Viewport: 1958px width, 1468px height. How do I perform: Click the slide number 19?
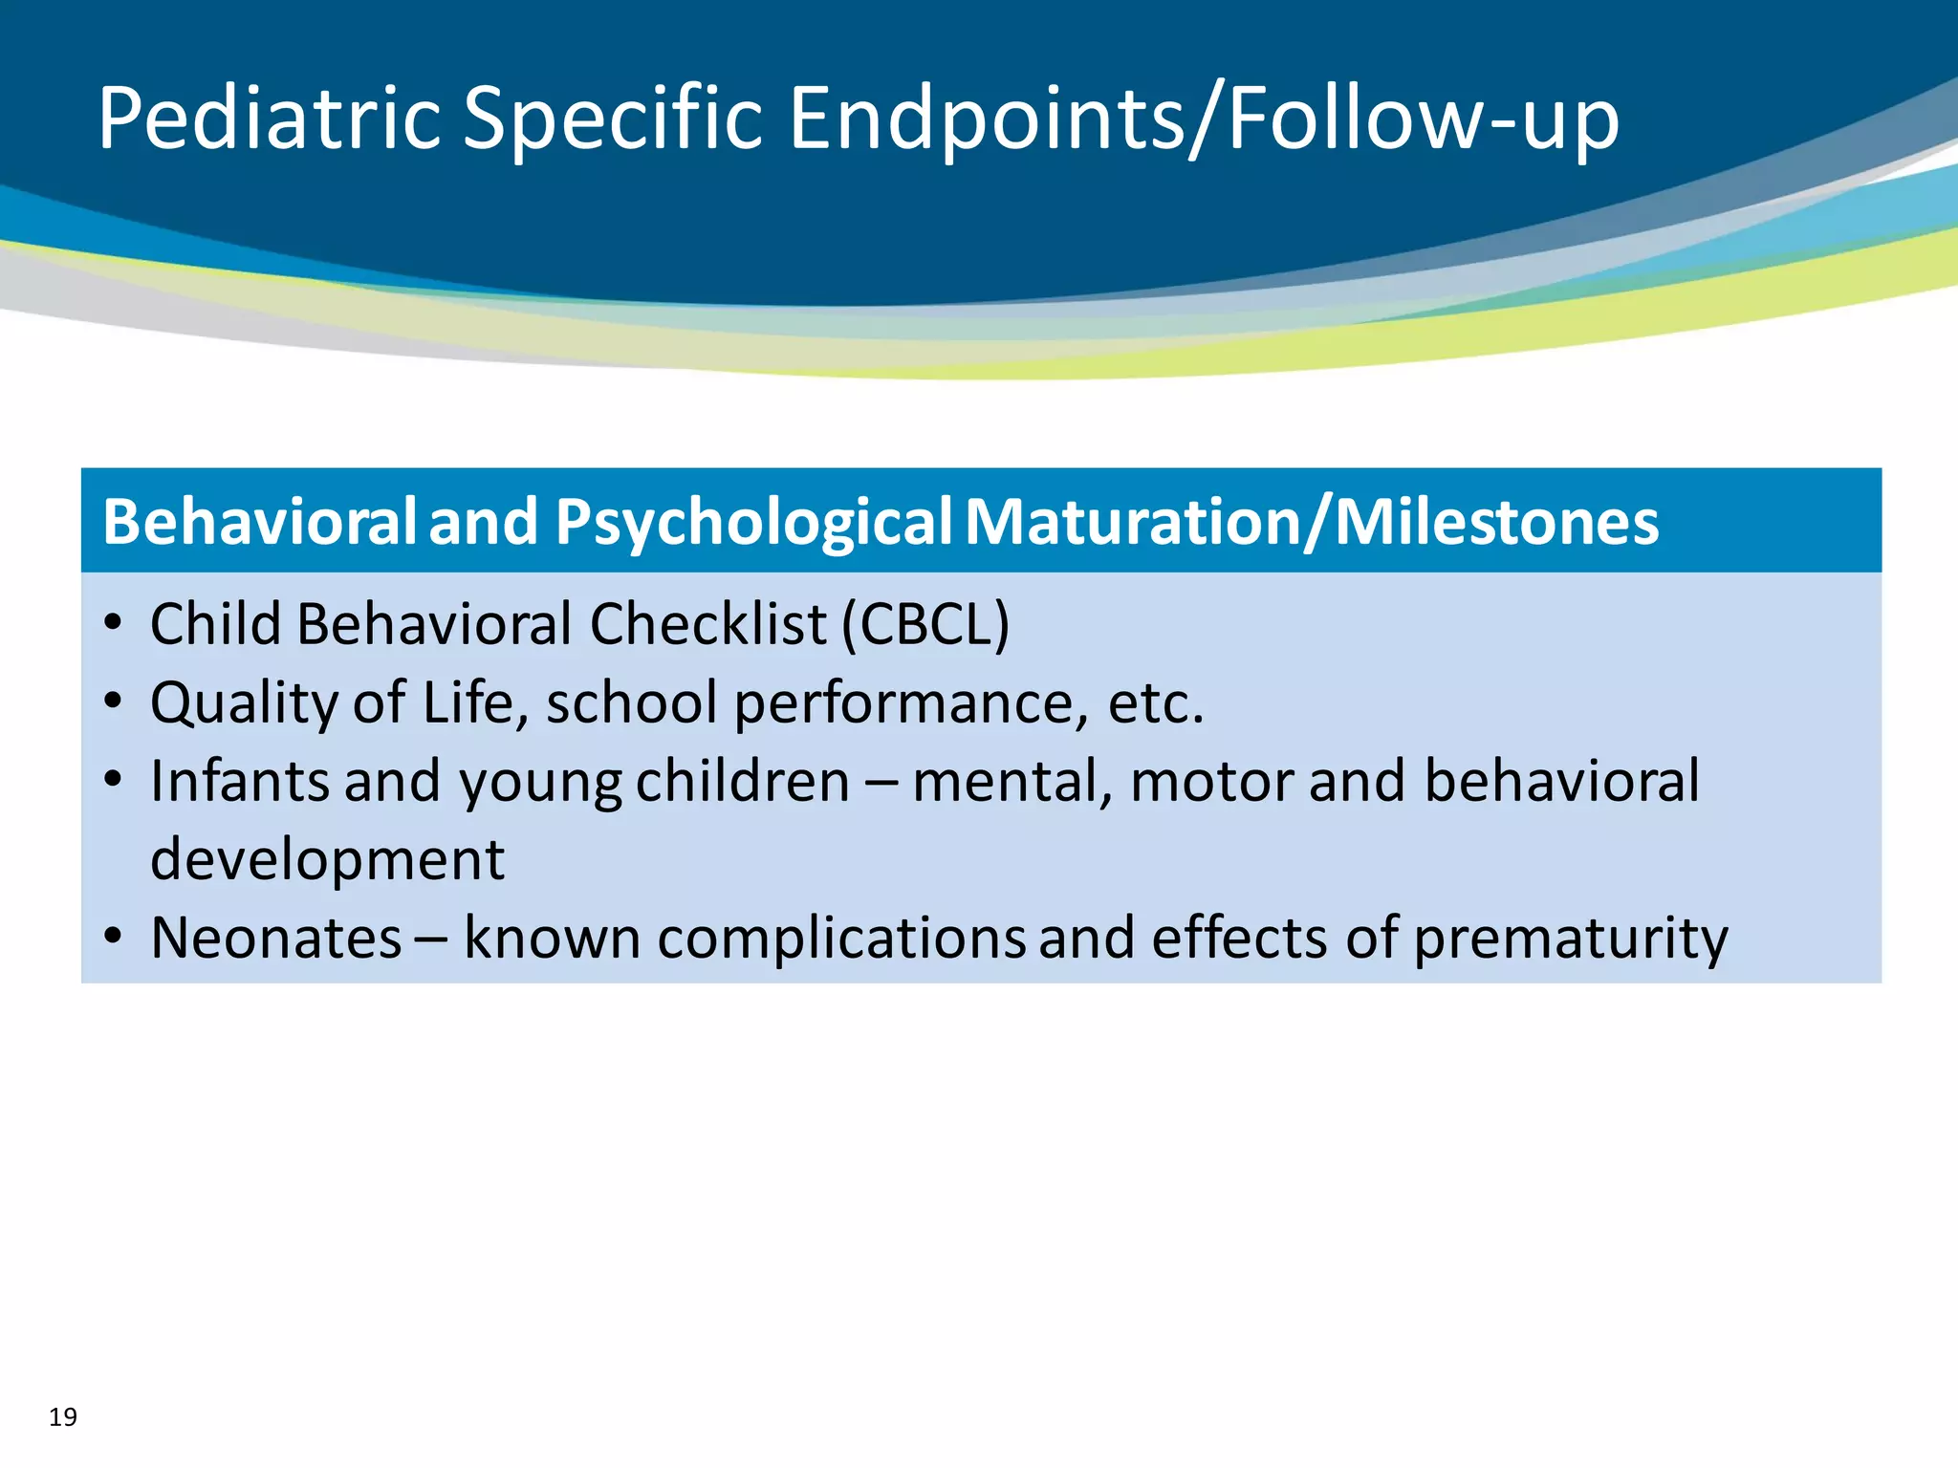point(63,1416)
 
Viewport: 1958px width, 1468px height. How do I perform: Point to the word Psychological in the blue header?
point(753,522)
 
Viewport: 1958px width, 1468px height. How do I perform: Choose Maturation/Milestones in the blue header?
point(1312,522)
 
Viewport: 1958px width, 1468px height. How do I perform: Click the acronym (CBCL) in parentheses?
point(925,624)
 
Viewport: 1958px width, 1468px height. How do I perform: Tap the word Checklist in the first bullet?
point(707,624)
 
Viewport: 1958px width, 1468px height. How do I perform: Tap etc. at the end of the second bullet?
point(1155,702)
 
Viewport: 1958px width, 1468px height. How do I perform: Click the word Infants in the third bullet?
point(240,781)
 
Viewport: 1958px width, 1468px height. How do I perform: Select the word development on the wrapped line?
point(327,859)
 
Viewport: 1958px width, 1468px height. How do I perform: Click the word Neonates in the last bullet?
point(276,938)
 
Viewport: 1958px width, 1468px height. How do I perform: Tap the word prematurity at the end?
point(1570,938)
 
